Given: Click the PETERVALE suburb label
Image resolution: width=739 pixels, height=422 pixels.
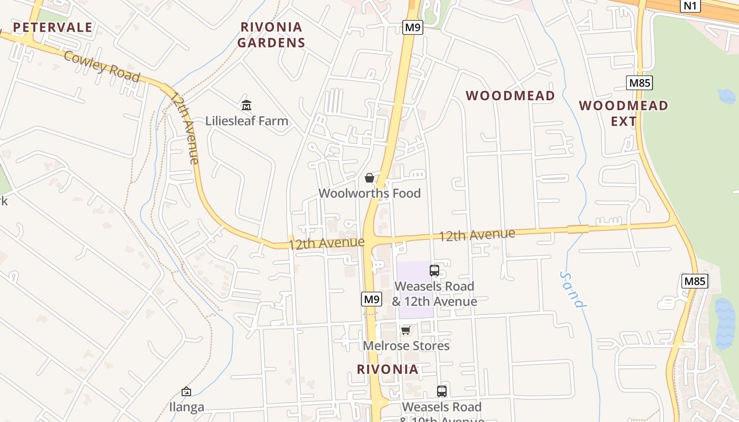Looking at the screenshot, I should click(x=52, y=27).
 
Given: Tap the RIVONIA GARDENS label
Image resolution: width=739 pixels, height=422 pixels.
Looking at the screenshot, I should click(x=271, y=35).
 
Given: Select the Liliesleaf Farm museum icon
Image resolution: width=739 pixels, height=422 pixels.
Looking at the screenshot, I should click(x=247, y=105).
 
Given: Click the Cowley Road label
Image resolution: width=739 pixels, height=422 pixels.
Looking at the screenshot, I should click(x=102, y=67).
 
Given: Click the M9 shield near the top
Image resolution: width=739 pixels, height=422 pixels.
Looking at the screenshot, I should click(x=412, y=27).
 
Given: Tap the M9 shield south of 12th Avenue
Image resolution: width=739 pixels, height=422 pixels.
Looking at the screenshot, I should click(x=372, y=299).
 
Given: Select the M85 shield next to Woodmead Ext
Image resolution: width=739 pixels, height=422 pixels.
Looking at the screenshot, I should click(x=639, y=82).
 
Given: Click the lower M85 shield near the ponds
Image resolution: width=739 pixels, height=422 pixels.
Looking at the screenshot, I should click(x=694, y=281).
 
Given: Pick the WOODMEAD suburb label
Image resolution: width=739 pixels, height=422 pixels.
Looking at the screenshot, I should click(x=510, y=95).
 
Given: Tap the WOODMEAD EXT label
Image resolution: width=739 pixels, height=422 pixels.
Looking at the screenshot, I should click(x=623, y=113).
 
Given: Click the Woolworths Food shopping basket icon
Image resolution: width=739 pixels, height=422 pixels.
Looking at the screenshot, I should click(x=369, y=178).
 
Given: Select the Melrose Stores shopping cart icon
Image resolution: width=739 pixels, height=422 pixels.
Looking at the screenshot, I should click(x=405, y=331).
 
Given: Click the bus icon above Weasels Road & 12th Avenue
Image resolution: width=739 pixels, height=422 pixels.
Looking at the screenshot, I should click(x=434, y=271).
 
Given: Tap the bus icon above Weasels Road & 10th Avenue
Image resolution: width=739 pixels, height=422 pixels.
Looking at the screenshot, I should click(x=442, y=391).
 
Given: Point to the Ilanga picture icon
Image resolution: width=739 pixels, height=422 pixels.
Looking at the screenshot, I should click(x=186, y=391).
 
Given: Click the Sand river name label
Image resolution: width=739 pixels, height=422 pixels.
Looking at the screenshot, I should click(x=573, y=290).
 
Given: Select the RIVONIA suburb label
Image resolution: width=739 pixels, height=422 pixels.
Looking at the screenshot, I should click(x=387, y=369).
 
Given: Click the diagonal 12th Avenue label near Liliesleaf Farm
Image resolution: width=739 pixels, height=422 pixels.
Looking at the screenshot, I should click(x=185, y=128).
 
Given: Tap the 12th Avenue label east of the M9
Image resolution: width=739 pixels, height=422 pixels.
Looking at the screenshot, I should click(x=477, y=235).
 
